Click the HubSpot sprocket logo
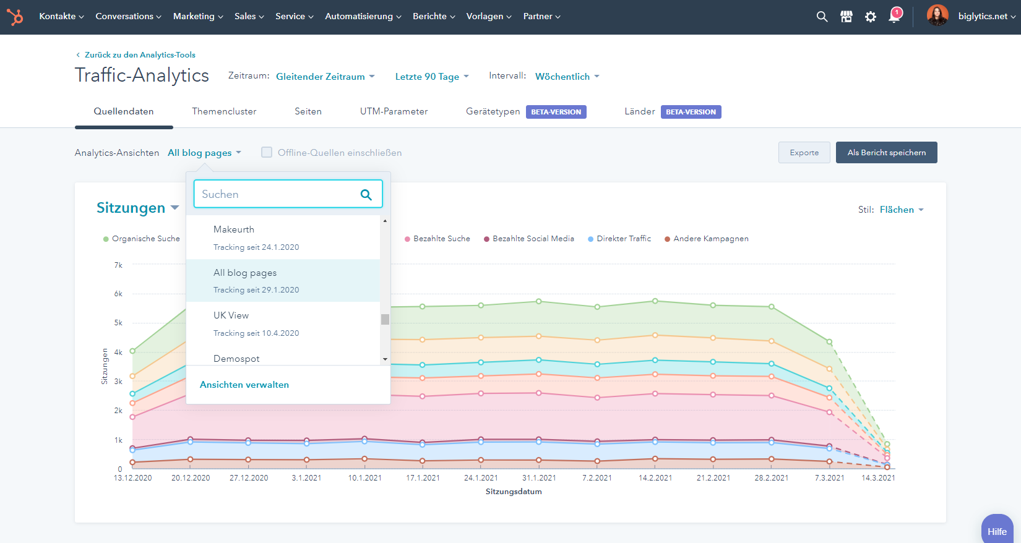click(15, 17)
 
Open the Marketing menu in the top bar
click(197, 17)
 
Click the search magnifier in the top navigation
click(822, 17)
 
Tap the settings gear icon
click(871, 17)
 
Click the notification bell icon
click(894, 16)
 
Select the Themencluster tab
click(224, 111)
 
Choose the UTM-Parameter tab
click(394, 111)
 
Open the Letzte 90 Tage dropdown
click(432, 77)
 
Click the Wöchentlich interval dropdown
click(567, 77)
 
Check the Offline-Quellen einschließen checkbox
click(267, 152)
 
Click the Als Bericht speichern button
click(886, 153)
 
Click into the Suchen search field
click(278, 194)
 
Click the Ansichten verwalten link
click(244, 385)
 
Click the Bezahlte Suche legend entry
click(441, 239)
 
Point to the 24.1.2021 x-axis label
click(481, 478)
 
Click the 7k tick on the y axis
click(118, 265)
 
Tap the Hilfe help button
click(997, 531)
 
